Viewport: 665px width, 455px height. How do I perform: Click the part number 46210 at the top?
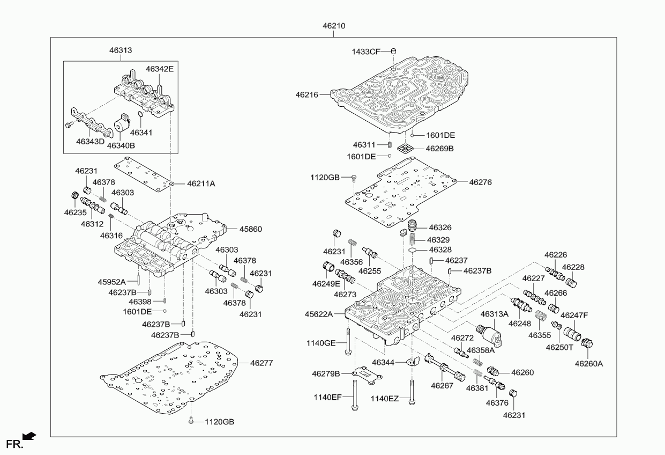334,26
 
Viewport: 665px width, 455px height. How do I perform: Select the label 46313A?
494,314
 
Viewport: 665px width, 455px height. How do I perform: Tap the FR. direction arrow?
29,436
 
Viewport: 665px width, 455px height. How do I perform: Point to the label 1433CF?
366,52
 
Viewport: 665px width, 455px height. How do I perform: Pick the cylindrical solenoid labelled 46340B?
122,125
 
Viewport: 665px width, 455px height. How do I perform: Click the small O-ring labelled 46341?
140,114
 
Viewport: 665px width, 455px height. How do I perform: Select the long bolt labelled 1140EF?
354,395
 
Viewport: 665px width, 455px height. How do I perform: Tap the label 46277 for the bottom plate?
261,363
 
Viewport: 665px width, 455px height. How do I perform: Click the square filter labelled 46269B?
406,148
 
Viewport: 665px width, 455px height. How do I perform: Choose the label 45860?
251,229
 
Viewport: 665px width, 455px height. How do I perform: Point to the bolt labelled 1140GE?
348,341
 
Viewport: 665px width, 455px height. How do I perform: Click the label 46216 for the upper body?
307,95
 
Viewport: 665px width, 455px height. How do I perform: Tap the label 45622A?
318,314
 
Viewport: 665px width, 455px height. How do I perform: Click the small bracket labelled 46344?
413,361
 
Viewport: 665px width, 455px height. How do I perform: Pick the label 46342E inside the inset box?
160,69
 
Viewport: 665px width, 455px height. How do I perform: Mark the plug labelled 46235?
76,196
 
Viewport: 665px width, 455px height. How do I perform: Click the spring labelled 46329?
412,239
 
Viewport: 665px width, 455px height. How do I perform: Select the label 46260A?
589,363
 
